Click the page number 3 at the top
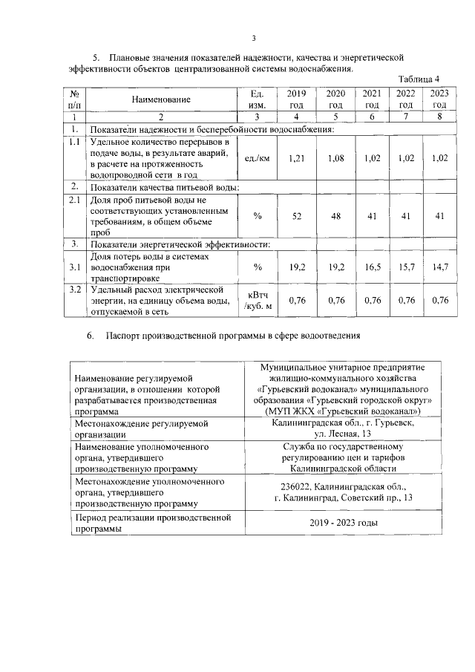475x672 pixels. click(x=254, y=39)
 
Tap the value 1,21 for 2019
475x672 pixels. click(x=296, y=158)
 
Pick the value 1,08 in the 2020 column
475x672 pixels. click(x=335, y=158)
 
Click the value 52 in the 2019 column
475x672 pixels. click(x=296, y=215)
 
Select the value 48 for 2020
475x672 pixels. click(x=335, y=215)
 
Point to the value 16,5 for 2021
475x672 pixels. click(x=373, y=265)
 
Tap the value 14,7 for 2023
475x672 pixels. click(x=440, y=265)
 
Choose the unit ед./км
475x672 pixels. click(x=257, y=158)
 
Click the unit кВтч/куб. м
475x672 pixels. click(x=258, y=300)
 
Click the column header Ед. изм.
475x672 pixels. click(x=258, y=99)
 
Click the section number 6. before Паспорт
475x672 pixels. click(x=89, y=336)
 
